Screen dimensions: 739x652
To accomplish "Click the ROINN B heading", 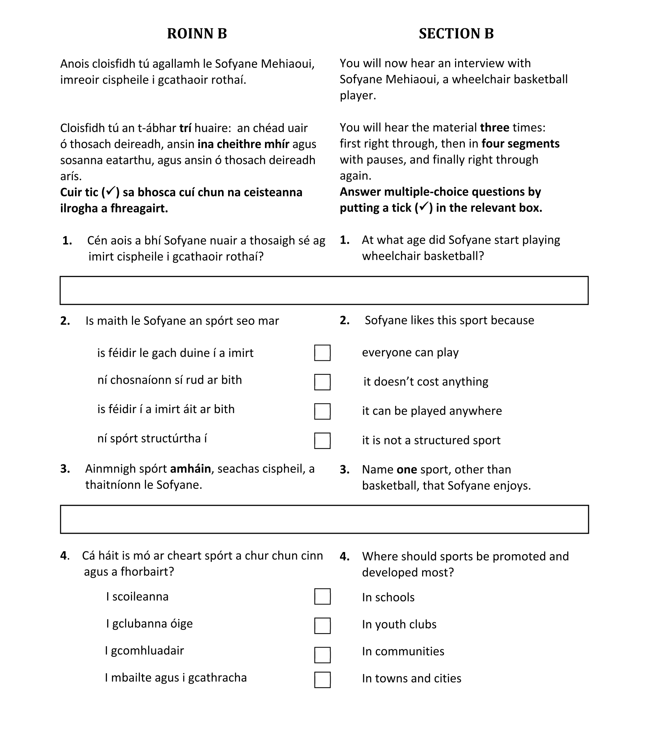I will tap(197, 34).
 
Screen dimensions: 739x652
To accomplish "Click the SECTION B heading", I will tap(456, 34).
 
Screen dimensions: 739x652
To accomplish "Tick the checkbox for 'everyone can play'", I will tap(322, 353).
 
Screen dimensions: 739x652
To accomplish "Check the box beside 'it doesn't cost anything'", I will tap(322, 382).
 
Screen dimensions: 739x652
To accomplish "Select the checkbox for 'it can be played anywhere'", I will tap(322, 411).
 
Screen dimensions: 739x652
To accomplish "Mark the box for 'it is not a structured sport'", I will tap(322, 441).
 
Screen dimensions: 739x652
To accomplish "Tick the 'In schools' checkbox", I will tap(322, 597).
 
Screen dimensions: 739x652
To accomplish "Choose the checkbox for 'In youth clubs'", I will tap(322, 626).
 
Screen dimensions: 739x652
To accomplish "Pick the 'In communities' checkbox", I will tap(322, 655).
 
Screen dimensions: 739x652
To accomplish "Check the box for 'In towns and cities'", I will tap(322, 680).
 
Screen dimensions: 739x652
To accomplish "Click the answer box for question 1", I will tap(324, 291).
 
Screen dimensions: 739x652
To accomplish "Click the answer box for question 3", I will tap(324, 520).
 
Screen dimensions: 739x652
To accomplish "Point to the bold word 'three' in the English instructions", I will tap(495, 128).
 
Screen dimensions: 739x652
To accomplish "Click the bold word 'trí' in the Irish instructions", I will tap(185, 128).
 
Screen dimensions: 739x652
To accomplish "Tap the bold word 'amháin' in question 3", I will tap(190, 469).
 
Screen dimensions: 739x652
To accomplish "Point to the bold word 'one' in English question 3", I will tap(407, 470).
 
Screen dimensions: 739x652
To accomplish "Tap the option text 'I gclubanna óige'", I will tap(149, 624).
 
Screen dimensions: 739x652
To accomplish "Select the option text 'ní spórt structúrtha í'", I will tap(152, 439).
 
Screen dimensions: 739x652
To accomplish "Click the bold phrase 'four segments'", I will tap(520, 144).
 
